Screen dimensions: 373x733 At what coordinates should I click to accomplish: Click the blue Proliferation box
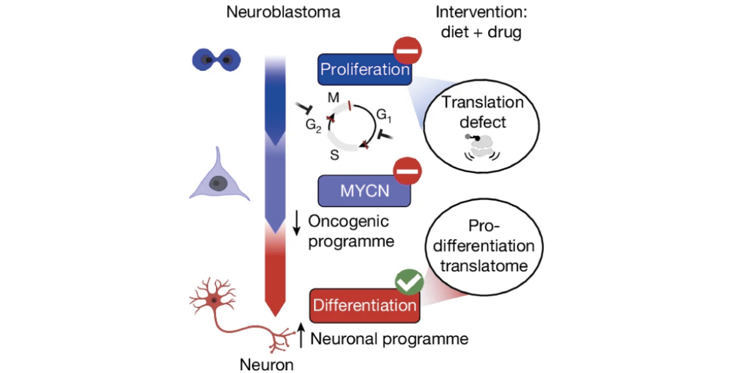pyautogui.click(x=364, y=69)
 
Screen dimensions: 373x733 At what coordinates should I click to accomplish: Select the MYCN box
pyautogui.click(x=364, y=191)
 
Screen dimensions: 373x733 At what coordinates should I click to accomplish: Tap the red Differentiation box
pyautogui.click(x=364, y=305)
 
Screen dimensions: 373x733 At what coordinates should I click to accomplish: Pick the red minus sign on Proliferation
pyautogui.click(x=407, y=51)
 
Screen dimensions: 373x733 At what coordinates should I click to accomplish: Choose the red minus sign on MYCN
pyautogui.click(x=407, y=171)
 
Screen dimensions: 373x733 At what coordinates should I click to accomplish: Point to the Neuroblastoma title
pyautogui.click(x=283, y=12)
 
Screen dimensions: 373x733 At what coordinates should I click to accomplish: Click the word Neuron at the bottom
pyautogui.click(x=266, y=364)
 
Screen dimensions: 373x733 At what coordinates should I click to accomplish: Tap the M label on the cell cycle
pyautogui.click(x=333, y=97)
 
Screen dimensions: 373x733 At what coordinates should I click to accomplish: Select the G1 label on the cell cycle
pyautogui.click(x=383, y=115)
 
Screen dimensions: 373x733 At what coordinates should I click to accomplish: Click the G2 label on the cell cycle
pyautogui.click(x=313, y=125)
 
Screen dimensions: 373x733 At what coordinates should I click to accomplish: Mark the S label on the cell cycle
pyautogui.click(x=334, y=155)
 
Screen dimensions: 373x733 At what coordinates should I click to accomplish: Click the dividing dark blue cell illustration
pyautogui.click(x=216, y=60)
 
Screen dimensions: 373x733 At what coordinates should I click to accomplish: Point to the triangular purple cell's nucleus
pyautogui.click(x=218, y=183)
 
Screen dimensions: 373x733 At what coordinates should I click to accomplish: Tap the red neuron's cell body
pyautogui.click(x=214, y=300)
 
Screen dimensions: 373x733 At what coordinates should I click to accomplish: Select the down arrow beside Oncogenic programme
pyautogui.click(x=297, y=223)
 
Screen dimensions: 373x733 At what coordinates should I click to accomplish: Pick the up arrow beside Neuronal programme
pyautogui.click(x=301, y=335)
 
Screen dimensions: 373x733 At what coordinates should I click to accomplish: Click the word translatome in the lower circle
pyautogui.click(x=484, y=266)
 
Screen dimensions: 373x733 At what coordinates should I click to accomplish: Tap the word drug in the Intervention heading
pyautogui.click(x=504, y=32)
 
